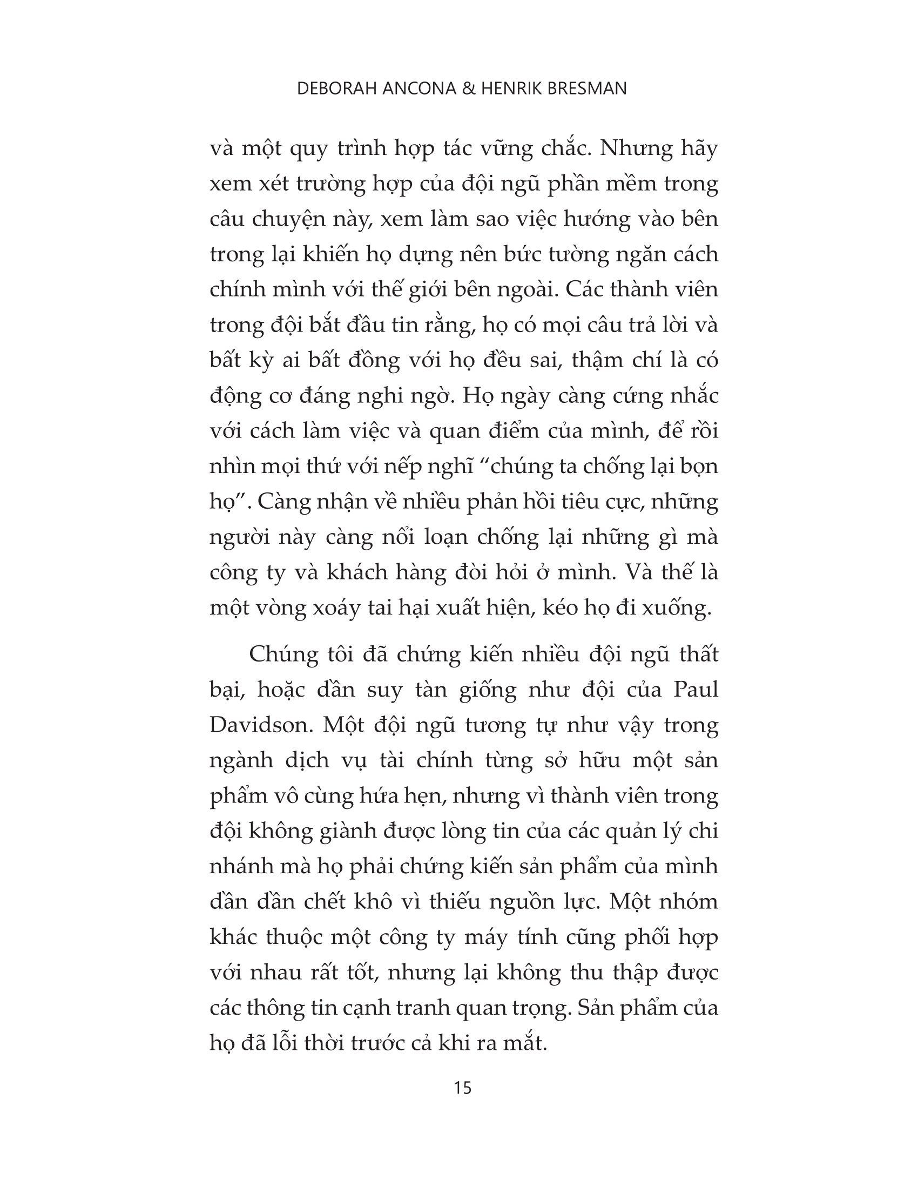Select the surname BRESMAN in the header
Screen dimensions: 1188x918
tap(586, 89)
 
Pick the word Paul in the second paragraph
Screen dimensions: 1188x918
tap(695, 690)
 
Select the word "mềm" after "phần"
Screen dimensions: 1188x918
tap(642, 184)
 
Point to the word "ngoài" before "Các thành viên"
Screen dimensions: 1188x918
tap(527, 291)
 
